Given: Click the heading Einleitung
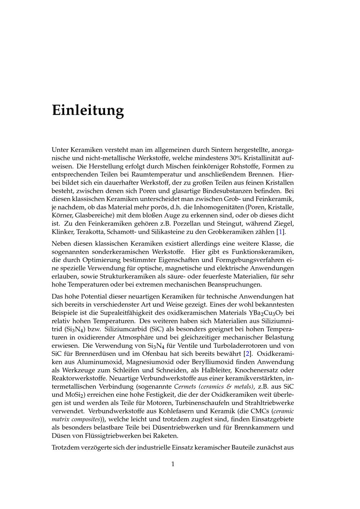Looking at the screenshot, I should (88, 110).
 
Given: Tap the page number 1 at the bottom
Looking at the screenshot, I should (173, 464).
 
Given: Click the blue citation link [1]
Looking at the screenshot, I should (281, 232).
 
